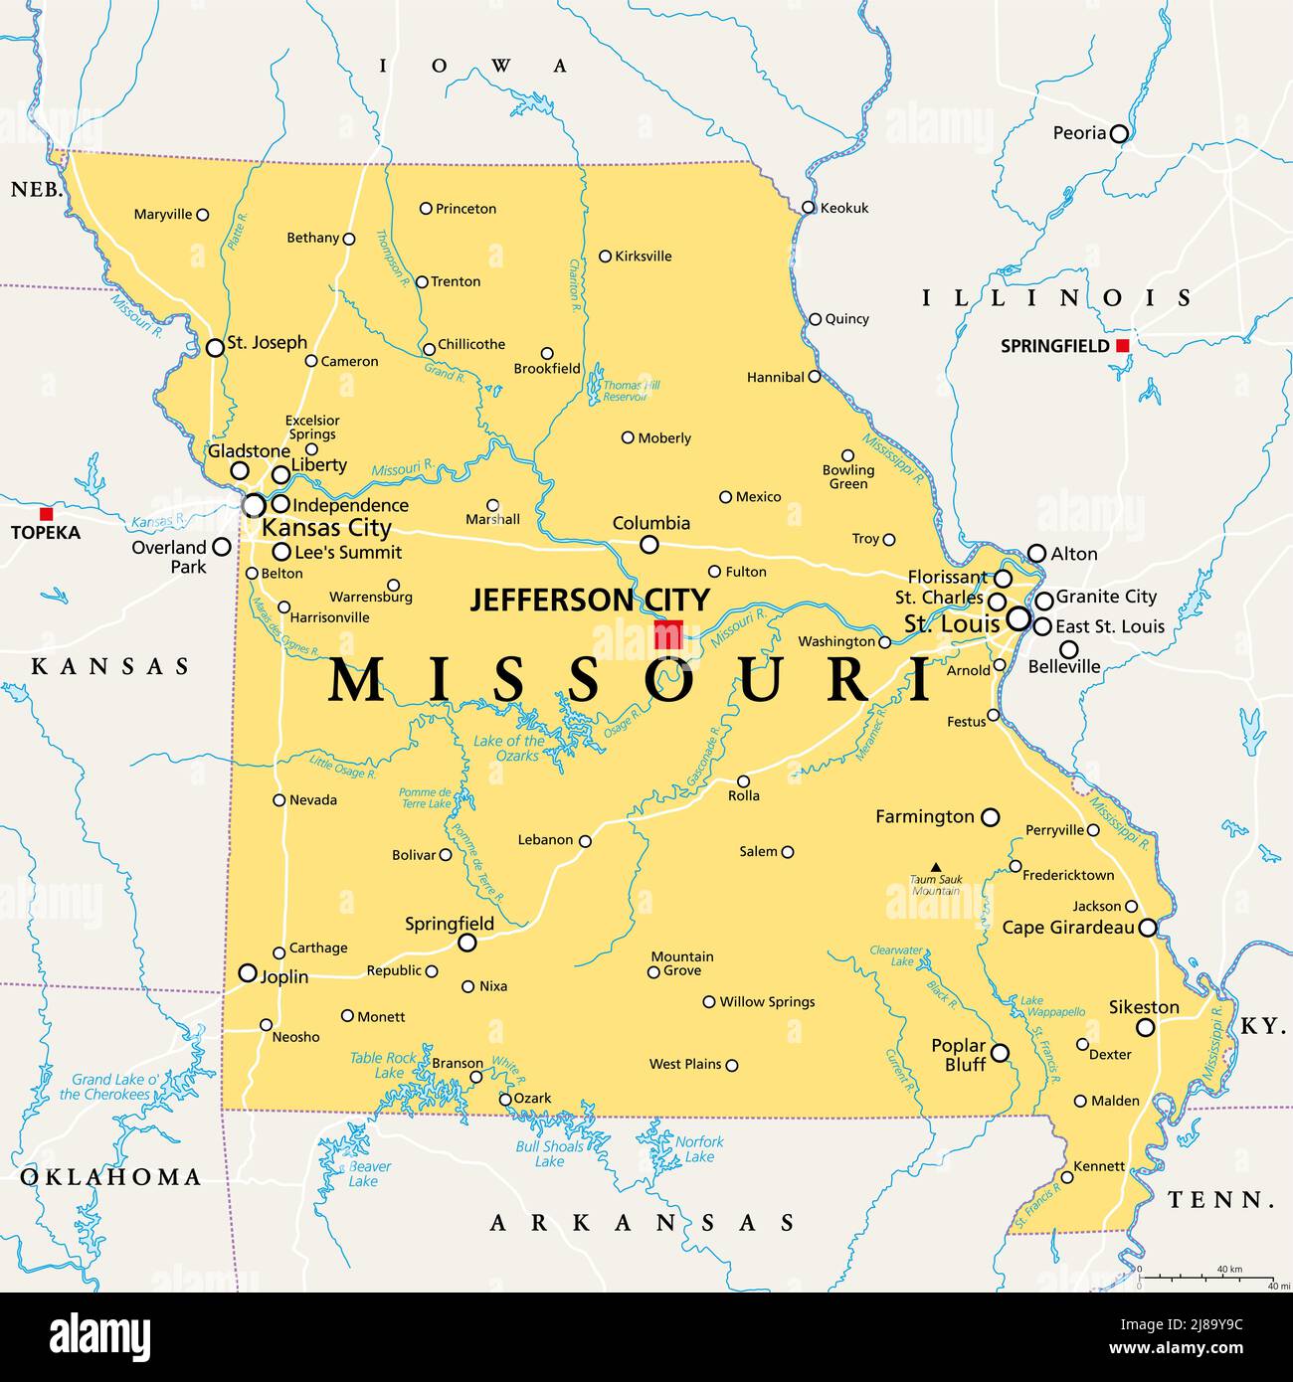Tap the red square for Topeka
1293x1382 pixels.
(x=46, y=514)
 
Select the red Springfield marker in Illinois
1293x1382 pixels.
(x=1122, y=346)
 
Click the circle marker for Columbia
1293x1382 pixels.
(x=648, y=544)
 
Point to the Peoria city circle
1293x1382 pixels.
(x=1119, y=133)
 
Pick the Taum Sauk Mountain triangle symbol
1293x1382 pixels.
(x=935, y=867)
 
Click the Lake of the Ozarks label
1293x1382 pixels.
(x=509, y=748)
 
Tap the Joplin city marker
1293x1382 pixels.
(x=248, y=973)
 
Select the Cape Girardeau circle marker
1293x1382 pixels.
(x=1148, y=928)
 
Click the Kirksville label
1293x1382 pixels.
(x=644, y=257)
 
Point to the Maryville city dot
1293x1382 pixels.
(x=203, y=215)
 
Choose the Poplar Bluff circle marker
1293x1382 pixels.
(x=1000, y=1052)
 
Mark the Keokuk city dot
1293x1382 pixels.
(x=809, y=208)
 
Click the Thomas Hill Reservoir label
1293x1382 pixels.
(x=631, y=391)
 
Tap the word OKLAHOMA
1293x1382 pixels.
(x=110, y=1177)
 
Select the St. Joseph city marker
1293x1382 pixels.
(x=215, y=348)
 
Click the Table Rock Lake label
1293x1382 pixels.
(x=383, y=1065)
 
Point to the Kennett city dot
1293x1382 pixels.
(x=1067, y=1177)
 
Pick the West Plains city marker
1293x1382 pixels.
(x=732, y=1065)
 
